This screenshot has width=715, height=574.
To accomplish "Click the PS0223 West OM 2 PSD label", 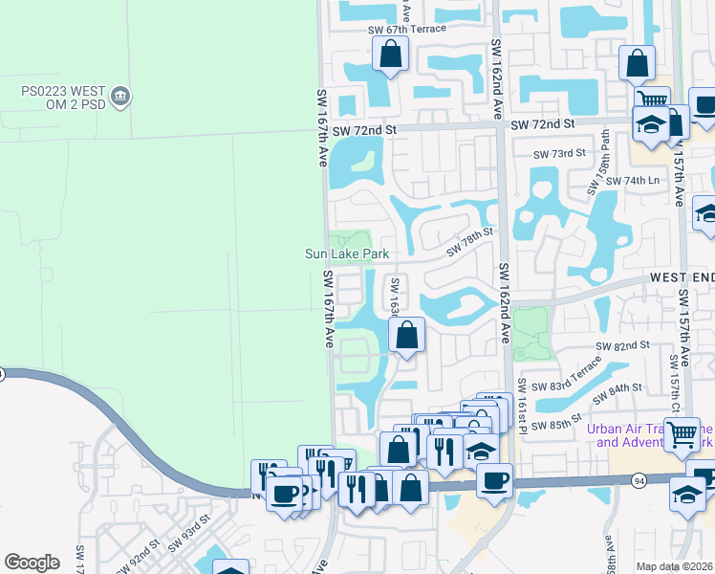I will click(55, 98).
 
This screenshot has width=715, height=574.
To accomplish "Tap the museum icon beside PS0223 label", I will click(121, 96).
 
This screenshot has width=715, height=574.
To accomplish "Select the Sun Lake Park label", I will click(347, 254).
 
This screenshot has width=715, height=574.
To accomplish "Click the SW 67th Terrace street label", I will click(407, 29).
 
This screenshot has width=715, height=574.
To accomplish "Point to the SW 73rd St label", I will click(559, 154).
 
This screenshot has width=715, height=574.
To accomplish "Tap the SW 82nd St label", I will click(622, 344).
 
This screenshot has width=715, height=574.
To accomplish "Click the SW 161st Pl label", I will click(523, 401).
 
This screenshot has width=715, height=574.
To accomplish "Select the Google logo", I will click(32, 563).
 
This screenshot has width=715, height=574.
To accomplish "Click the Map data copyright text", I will click(674, 566).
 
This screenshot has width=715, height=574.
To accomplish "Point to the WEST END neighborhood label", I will click(682, 276).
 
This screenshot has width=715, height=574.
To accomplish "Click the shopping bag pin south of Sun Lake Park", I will click(406, 336).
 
